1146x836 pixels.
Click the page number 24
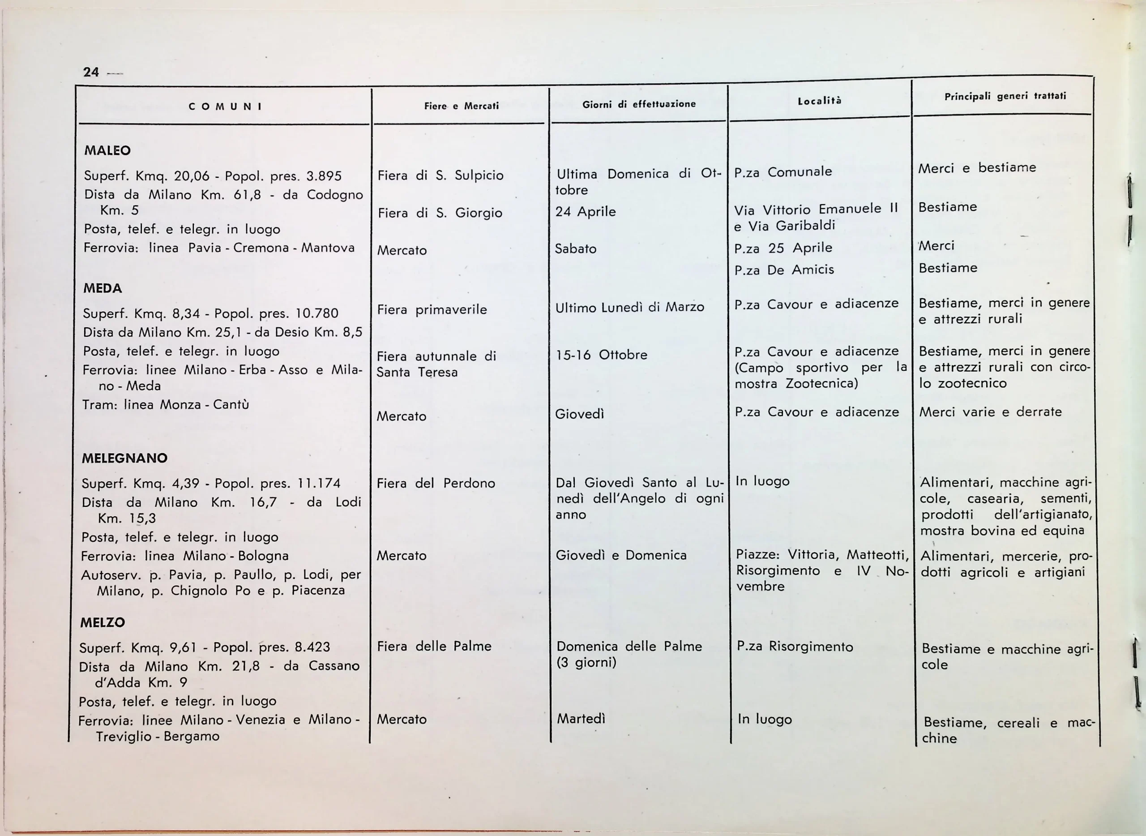pos(91,73)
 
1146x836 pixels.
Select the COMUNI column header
pos(225,107)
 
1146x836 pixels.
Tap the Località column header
pos(819,101)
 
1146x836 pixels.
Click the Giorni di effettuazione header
pos(639,104)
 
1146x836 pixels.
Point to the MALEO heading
pos(107,151)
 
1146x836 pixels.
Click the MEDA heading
pos(103,288)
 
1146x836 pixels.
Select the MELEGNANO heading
pos(124,459)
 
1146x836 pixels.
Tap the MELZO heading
pos(103,622)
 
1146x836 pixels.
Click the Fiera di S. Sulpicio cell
pos(440,176)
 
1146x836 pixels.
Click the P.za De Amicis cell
pos(784,270)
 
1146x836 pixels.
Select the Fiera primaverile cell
pos(432,310)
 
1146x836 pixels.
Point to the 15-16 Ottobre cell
pos(601,355)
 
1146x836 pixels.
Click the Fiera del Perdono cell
pos(436,483)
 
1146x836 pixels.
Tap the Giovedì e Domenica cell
pos(621,555)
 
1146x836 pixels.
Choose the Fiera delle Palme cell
pos(434,646)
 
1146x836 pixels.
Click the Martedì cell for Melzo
pos(581,719)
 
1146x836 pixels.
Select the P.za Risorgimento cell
pos(794,647)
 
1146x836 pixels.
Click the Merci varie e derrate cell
pos(990,412)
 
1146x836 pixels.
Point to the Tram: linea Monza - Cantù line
pos(166,405)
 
